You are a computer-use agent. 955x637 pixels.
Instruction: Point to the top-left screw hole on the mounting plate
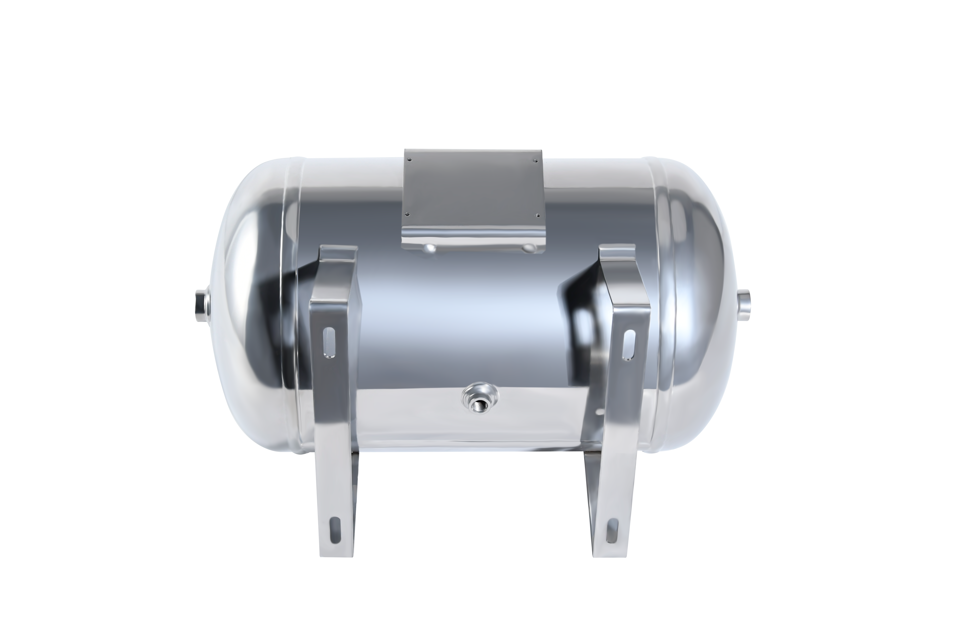point(409,159)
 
